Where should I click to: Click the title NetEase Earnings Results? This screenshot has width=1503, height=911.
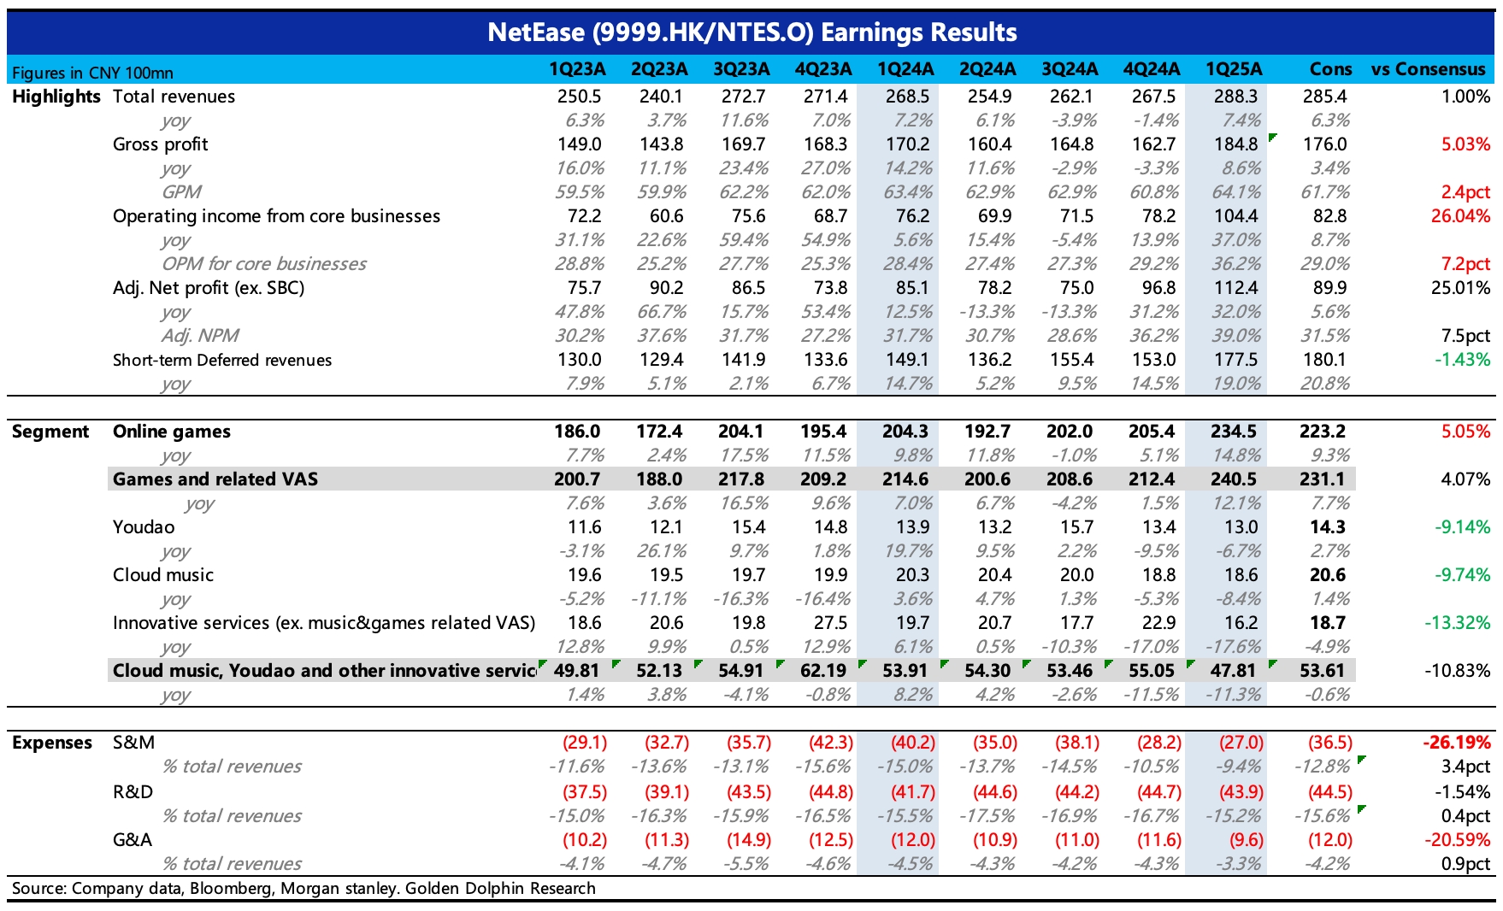click(751, 32)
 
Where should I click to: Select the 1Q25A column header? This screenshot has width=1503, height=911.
click(1233, 69)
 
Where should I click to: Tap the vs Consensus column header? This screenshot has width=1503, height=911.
click(1428, 69)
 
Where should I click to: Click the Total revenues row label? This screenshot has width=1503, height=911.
click(174, 97)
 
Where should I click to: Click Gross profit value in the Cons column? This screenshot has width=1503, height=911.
click(1324, 144)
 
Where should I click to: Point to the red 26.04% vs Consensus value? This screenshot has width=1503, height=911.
click(1460, 216)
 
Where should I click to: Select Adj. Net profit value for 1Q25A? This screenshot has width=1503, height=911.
click(1236, 288)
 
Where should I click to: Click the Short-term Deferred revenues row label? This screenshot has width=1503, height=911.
click(222, 360)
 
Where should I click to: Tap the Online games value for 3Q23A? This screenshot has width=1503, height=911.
click(741, 432)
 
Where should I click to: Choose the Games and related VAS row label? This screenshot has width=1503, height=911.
click(215, 479)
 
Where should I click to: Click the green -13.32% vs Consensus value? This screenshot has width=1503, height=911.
click(1458, 623)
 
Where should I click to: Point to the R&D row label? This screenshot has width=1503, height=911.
click(133, 792)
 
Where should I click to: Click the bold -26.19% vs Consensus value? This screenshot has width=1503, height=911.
click(1457, 743)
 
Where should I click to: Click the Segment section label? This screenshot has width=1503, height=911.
click(50, 432)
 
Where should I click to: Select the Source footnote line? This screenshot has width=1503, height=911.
click(304, 888)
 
